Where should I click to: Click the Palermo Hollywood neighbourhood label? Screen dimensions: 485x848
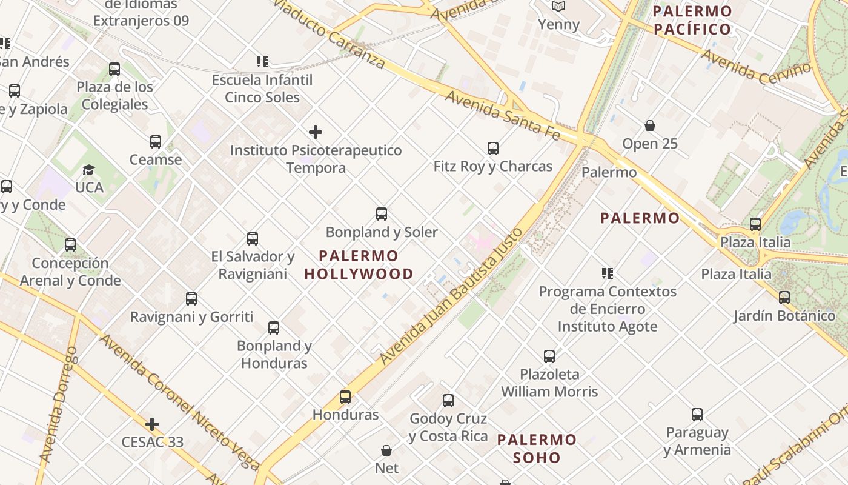[x=359, y=265]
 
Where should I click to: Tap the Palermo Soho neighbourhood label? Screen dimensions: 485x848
[x=537, y=448]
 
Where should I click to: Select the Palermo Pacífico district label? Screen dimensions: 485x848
[x=692, y=20]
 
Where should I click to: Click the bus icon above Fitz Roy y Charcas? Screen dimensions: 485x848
[x=493, y=149]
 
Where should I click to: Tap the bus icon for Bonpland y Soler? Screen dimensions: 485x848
[x=382, y=214]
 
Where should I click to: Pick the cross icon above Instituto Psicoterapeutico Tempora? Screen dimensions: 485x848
[x=316, y=132]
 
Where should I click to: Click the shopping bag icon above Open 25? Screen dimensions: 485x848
[x=650, y=126]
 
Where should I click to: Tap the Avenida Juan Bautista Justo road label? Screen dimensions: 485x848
[x=451, y=296]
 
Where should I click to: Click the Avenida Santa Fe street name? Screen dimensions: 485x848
[x=503, y=115]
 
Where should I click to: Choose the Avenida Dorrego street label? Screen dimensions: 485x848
[x=58, y=405]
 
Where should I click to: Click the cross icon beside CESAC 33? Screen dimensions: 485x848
[x=152, y=424]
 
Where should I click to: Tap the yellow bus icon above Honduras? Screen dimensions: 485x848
[x=345, y=397]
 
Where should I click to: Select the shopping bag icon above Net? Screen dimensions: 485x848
[x=386, y=450]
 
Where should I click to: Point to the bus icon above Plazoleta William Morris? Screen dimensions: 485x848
[x=549, y=356]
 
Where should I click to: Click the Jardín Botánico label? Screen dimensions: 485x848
[x=784, y=316]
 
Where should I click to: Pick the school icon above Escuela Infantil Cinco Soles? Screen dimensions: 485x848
[x=262, y=62]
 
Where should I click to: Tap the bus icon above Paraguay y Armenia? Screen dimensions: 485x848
[x=697, y=415]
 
